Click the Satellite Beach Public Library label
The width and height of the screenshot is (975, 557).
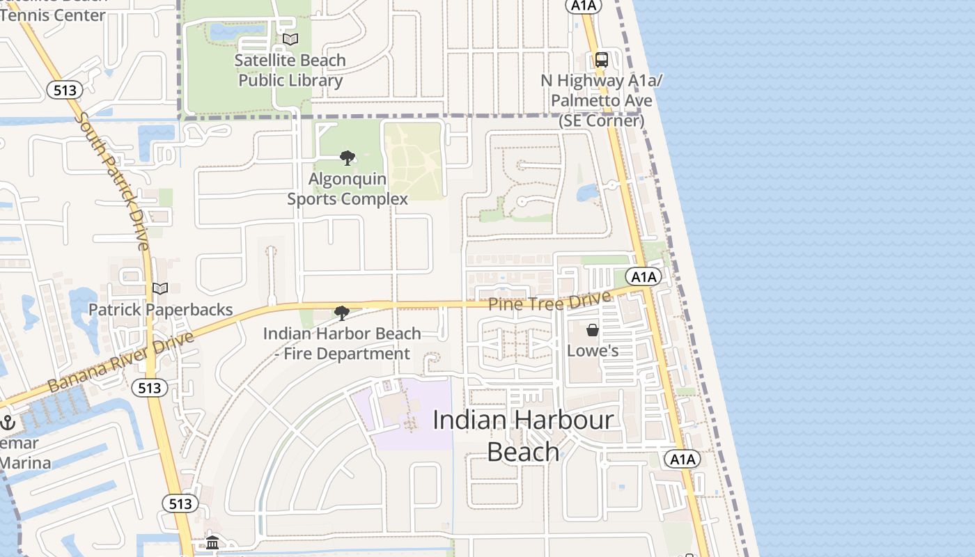coord(290,70)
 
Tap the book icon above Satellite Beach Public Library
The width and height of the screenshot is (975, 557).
coord(290,40)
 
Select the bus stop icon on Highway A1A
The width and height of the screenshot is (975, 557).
coord(602,60)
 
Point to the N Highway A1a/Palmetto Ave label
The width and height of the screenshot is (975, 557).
coord(602,100)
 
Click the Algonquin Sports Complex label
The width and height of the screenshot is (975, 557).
coord(348,189)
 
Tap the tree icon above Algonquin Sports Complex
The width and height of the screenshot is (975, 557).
coord(348,158)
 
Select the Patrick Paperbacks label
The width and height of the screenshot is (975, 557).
coord(160,309)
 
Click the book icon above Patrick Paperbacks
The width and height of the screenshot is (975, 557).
coord(160,288)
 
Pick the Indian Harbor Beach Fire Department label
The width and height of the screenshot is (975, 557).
coord(342,343)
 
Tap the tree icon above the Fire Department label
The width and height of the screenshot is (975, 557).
coord(341,313)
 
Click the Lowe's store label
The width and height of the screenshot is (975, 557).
coord(593,350)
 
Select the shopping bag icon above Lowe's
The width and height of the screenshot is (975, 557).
coord(593,330)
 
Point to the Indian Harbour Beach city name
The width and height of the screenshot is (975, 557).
coord(523,436)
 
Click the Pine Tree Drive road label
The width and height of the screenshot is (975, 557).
coord(549,301)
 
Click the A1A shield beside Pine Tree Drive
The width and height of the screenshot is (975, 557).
coord(643,276)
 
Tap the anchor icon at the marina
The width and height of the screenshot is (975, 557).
coord(8,422)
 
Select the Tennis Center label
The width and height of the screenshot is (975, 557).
coord(53,15)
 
